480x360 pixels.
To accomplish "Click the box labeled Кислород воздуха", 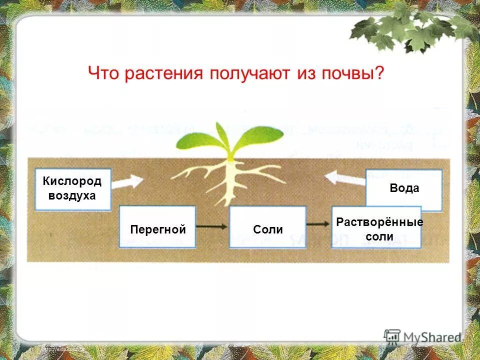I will (x=72, y=188).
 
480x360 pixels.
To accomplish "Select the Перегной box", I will (x=157, y=227).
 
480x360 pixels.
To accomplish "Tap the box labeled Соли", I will (x=267, y=227).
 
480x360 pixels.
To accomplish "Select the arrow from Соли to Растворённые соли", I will (x=318, y=224).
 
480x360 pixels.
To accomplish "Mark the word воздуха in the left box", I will (x=72, y=195).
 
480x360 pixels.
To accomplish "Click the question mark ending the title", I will (x=379, y=73).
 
